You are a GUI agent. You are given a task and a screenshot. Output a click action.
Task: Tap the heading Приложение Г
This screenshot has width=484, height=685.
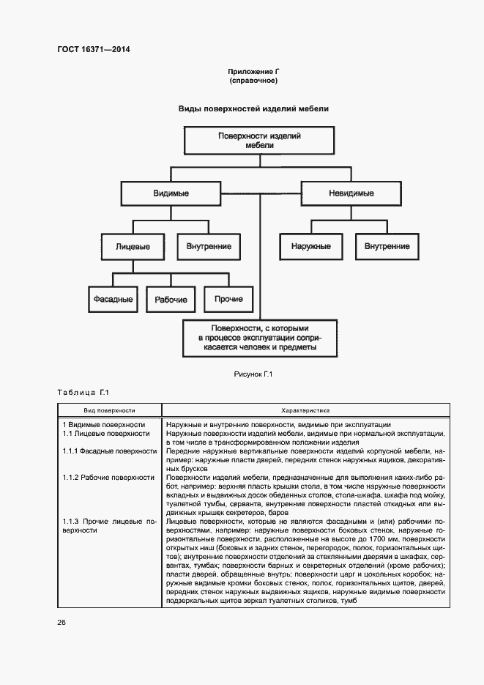253,72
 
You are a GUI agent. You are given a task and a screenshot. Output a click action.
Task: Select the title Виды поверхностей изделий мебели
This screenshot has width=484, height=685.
253,109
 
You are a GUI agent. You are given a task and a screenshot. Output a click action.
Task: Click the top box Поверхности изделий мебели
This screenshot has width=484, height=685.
260,141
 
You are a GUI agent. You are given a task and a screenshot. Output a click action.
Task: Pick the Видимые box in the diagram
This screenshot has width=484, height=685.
171,193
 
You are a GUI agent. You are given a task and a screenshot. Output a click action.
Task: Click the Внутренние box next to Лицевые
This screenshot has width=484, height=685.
209,247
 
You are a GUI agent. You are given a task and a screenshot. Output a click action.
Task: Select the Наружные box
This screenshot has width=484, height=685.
310,246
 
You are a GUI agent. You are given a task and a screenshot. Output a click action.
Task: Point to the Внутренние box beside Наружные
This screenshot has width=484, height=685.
387,246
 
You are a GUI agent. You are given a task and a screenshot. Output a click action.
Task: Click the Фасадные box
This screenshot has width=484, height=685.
113,299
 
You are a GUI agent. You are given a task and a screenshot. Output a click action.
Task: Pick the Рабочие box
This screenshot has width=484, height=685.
171,300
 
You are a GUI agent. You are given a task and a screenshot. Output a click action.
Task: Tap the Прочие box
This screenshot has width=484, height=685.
228,299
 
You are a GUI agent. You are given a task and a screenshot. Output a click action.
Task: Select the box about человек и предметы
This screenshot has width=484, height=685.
260,338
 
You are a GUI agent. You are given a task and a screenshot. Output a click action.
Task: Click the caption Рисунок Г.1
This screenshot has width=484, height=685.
253,375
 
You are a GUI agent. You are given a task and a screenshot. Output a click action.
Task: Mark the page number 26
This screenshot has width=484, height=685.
62,623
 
